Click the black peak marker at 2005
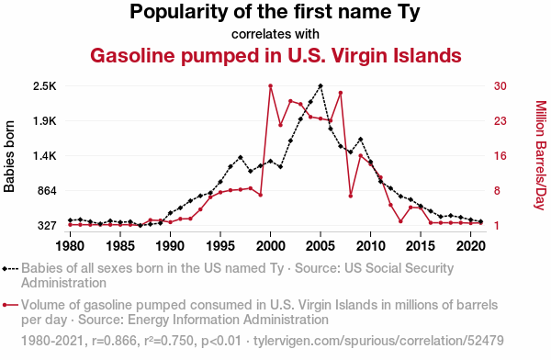[320, 85]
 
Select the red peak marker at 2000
[271, 85]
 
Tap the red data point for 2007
[341, 93]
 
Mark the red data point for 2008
[351, 197]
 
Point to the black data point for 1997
[241, 157]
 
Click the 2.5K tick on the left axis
[45, 86]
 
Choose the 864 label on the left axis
[47, 191]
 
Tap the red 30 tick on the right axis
[500, 85]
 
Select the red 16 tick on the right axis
[500, 156]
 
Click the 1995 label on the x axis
[220, 246]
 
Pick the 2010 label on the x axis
[370, 246]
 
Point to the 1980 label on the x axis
[70, 246]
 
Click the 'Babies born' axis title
[9, 156]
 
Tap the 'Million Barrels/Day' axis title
[541, 155]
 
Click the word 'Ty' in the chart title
[409, 12]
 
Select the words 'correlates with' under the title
[275, 34]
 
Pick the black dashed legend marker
[10, 269]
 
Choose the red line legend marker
[10, 305]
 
